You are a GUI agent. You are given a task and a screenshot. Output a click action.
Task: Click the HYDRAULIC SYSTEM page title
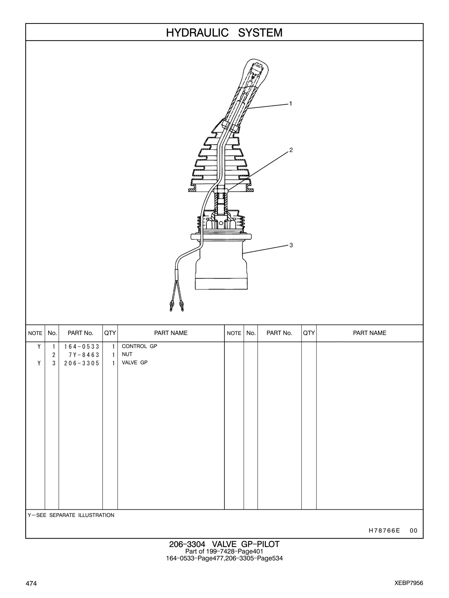click(224, 33)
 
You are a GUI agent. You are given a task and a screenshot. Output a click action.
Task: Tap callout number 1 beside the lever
click(291, 103)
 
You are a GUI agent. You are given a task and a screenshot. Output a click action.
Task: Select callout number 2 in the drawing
click(291, 150)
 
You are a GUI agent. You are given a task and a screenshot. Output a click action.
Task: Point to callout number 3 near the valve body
click(291, 245)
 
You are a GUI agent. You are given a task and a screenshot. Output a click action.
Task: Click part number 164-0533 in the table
click(82, 347)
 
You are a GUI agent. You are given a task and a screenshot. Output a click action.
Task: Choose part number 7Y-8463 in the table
click(84, 355)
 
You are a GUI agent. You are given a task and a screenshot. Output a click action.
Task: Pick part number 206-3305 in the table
click(82, 363)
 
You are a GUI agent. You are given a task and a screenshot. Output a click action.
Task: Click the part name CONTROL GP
click(139, 346)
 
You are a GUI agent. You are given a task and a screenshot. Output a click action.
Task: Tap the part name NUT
click(127, 355)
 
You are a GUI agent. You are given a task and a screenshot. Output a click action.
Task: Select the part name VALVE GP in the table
click(135, 362)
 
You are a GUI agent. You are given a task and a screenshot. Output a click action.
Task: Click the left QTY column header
click(110, 333)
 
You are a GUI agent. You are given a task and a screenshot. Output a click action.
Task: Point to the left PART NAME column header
click(171, 333)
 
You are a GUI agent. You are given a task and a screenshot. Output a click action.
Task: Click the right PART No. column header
click(279, 333)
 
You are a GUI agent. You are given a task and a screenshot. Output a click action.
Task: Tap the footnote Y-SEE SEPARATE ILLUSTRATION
click(71, 515)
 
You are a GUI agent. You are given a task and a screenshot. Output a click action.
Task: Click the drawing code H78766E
click(384, 530)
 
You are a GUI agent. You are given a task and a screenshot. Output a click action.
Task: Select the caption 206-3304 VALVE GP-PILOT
click(224, 544)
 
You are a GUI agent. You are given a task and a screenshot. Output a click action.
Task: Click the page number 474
click(31, 583)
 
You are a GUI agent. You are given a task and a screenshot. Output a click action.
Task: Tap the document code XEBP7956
click(409, 583)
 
